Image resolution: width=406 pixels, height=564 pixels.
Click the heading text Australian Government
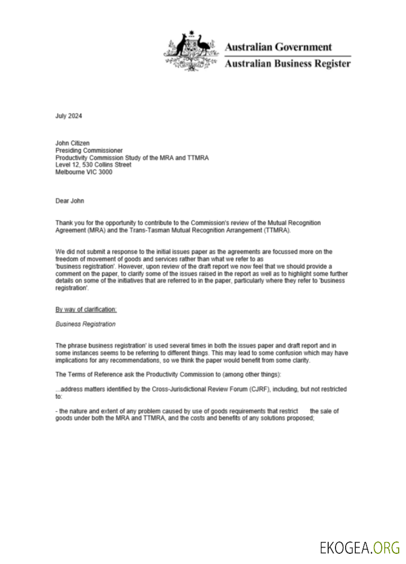tap(279, 47)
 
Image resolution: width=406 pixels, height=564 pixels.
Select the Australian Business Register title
tap(288, 63)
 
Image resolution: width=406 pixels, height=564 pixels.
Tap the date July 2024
tap(69, 116)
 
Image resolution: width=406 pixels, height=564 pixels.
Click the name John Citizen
tap(73, 143)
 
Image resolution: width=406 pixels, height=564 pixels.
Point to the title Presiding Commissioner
tap(89, 151)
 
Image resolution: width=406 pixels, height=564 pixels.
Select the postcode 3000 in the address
tap(105, 173)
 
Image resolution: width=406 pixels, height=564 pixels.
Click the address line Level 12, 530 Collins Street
tap(94, 165)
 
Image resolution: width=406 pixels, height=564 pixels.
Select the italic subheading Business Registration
tap(86, 324)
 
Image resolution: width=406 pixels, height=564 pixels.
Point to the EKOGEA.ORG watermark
tap(360, 547)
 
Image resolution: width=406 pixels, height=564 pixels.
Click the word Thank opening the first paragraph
tap(64, 223)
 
